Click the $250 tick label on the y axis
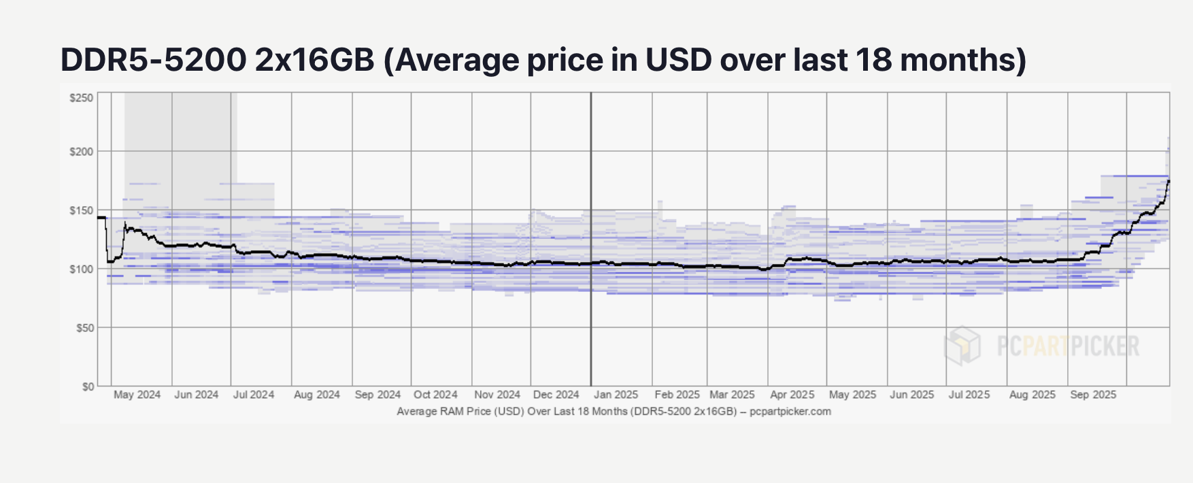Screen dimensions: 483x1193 (82, 98)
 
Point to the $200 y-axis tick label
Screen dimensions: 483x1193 (82, 152)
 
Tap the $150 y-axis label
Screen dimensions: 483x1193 (82, 211)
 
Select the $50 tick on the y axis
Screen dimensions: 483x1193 (84, 328)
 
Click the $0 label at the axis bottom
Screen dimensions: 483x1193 (88, 386)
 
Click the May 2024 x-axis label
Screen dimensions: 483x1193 (137, 395)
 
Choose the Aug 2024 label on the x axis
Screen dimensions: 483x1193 (316, 395)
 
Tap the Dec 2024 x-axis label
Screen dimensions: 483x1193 (556, 395)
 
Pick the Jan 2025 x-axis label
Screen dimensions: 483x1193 (616, 395)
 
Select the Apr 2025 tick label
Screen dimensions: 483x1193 (792, 395)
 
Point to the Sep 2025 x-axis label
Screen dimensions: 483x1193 (1092, 395)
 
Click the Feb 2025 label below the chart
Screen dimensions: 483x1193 (677, 395)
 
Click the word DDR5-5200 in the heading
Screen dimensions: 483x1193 (153, 60)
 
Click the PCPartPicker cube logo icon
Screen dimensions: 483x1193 (963, 345)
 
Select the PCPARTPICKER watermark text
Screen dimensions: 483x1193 (1068, 346)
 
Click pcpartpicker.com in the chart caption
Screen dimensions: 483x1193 (790, 412)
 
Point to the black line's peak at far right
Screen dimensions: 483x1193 (1169, 181)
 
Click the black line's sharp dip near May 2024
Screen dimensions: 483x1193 (110, 261)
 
